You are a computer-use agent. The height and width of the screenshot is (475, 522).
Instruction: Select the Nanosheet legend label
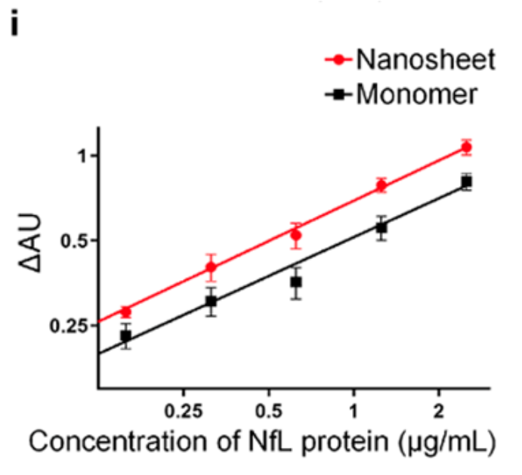click(x=428, y=58)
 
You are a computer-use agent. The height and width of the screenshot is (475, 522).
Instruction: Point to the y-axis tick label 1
click(x=83, y=156)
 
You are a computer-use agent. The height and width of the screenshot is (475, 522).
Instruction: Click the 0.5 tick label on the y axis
click(x=76, y=241)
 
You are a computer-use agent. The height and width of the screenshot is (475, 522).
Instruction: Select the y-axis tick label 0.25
click(x=72, y=325)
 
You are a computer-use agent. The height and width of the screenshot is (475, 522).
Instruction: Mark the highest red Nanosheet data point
click(x=467, y=147)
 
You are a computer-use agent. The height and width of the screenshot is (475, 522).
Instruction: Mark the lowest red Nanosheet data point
click(x=126, y=312)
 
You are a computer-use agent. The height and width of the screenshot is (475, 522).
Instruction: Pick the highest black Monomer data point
click(x=467, y=182)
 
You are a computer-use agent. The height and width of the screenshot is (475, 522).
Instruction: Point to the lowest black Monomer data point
click(x=126, y=336)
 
